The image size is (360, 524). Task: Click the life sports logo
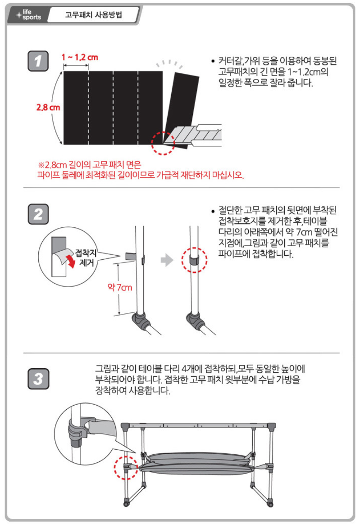[x=29, y=14]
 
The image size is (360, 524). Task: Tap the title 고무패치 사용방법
[x=93, y=15]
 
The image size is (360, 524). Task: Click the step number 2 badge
[x=38, y=214]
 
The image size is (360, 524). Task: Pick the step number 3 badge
[x=38, y=379]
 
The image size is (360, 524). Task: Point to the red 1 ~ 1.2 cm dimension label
[x=80, y=58]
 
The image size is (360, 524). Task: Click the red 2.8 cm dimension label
[x=48, y=107]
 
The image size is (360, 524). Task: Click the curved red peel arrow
[x=71, y=262]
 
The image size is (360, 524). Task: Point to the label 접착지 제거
[x=86, y=257]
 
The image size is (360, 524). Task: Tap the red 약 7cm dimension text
[x=120, y=287]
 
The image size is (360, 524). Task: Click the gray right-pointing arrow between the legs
[x=167, y=260]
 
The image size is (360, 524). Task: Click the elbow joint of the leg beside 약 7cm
[x=141, y=320]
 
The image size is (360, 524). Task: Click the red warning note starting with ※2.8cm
[x=141, y=170]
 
